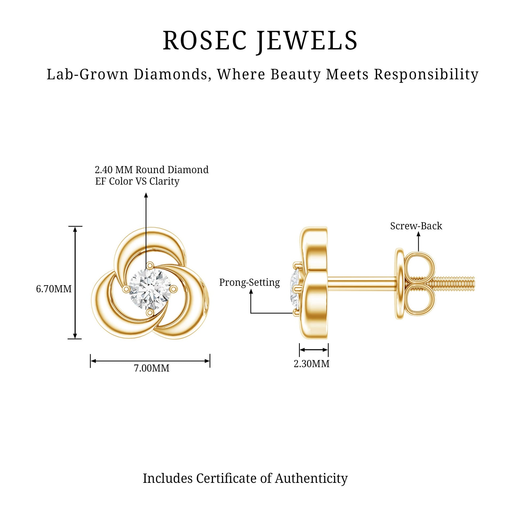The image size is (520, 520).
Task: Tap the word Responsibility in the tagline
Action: click(426, 75)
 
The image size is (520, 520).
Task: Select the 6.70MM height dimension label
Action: click(54, 289)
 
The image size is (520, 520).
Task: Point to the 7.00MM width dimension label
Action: click(152, 368)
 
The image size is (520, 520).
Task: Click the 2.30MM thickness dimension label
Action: click(312, 364)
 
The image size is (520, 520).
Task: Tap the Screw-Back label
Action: click(416, 226)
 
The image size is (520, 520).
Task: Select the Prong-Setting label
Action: click(250, 282)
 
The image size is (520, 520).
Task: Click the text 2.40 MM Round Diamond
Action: click(152, 170)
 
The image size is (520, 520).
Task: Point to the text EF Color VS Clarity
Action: click(137, 181)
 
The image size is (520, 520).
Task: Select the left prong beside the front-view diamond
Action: click(125, 289)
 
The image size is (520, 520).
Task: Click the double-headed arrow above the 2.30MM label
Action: click(314, 350)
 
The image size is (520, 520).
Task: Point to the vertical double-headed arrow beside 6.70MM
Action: click(75, 282)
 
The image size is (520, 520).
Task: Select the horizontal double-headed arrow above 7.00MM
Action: click(150, 361)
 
